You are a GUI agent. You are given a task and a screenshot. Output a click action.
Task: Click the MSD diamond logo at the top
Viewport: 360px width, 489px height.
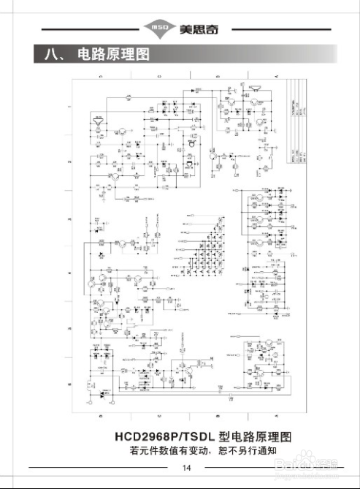click(159, 29)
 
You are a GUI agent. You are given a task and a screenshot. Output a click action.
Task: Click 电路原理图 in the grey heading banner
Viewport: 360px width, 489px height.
click(113, 54)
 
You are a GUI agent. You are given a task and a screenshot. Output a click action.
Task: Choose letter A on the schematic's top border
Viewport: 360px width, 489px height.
click(277, 76)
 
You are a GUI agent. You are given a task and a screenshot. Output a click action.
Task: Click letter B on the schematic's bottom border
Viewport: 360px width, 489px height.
click(218, 414)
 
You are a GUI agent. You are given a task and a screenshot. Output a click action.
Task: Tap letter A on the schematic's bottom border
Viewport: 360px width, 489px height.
click(277, 414)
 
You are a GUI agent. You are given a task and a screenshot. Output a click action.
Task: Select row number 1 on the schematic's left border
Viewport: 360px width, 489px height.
click(69, 107)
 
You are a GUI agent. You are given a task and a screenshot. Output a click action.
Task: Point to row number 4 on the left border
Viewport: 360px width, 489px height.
click(69, 274)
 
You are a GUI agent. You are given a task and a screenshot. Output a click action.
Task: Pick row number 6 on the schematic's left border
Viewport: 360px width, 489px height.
click(69, 384)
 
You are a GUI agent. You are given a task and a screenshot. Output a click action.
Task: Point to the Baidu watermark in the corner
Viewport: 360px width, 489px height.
click(314, 460)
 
